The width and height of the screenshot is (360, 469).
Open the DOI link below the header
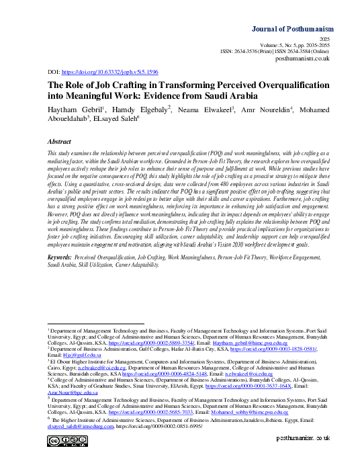tap(110, 71)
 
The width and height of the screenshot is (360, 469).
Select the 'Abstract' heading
tap(60, 142)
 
